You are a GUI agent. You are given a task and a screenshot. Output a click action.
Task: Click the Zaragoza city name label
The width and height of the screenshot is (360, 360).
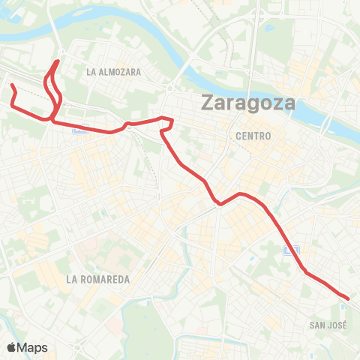[246, 104]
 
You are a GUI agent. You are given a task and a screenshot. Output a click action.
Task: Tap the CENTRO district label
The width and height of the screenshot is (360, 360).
[253, 136]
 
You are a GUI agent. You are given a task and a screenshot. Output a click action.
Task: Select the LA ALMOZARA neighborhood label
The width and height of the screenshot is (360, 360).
[114, 72]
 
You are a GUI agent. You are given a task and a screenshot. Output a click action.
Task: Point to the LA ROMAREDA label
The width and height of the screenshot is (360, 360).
[98, 279]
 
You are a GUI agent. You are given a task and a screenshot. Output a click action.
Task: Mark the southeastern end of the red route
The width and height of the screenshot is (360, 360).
[348, 298]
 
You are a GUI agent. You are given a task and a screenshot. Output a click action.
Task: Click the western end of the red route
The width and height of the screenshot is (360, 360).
[11, 85]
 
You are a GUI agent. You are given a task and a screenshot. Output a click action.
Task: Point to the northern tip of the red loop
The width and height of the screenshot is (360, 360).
[58, 60]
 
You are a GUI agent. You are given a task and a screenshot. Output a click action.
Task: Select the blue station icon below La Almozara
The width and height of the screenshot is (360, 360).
[78, 129]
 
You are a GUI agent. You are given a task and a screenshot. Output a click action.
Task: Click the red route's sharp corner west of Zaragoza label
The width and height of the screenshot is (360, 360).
[172, 120]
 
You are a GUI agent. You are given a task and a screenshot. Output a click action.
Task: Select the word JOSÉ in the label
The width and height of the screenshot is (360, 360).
[337, 325]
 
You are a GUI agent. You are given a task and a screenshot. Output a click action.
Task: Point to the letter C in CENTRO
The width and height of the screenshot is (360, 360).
[238, 136]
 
